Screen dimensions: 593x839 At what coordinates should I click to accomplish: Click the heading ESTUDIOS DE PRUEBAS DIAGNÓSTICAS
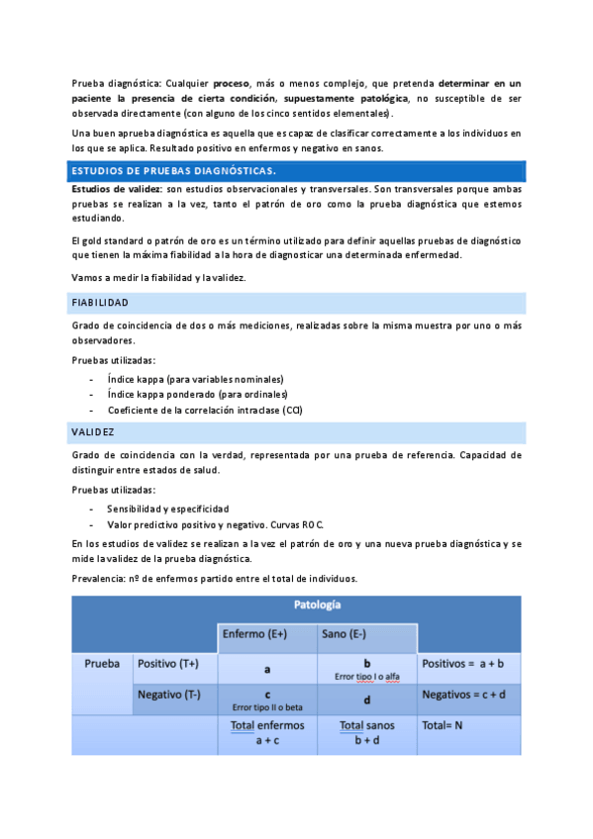[x=173, y=171]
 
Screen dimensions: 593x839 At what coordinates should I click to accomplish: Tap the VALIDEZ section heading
[x=93, y=432]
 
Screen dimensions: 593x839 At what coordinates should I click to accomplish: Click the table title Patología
[x=318, y=605]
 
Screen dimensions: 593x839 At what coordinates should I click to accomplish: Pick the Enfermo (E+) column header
[x=254, y=634]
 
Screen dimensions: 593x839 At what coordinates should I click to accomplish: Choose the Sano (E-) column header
[x=344, y=634]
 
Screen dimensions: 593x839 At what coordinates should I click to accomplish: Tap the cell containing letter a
[x=267, y=669]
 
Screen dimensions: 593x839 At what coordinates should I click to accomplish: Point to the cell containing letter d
[x=366, y=699]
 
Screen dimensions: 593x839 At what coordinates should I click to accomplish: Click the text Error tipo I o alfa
[x=366, y=677]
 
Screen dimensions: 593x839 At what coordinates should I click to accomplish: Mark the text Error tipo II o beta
[x=267, y=707]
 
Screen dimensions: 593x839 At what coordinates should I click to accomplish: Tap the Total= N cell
[x=443, y=725]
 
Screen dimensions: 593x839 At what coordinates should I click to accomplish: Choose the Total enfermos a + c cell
[x=267, y=732]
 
